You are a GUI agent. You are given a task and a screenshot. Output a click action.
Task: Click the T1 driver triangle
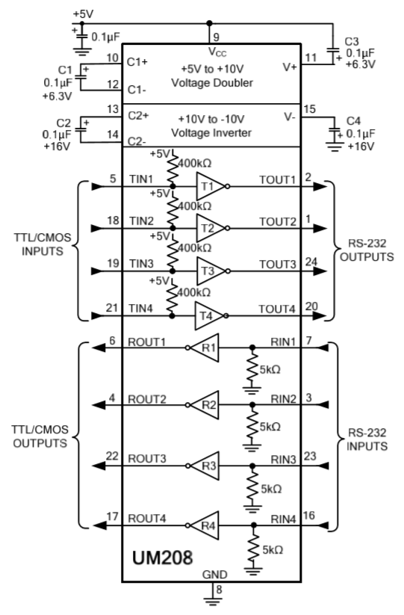click(x=210, y=186)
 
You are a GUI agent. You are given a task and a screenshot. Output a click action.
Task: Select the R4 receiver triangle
click(x=205, y=525)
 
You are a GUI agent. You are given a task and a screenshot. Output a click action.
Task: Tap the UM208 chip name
click(x=162, y=557)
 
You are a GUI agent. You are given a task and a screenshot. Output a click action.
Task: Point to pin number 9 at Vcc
click(x=216, y=37)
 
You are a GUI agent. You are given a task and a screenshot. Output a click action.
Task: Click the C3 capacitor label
click(x=352, y=42)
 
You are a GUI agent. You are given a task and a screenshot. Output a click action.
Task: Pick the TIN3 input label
click(x=141, y=264)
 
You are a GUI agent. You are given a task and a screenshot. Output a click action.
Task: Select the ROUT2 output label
click(x=147, y=399)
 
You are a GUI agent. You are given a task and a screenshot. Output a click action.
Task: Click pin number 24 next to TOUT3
click(x=311, y=262)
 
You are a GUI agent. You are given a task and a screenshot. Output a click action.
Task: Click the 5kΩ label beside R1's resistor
click(x=270, y=370)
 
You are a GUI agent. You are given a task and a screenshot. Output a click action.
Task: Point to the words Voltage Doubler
click(x=212, y=83)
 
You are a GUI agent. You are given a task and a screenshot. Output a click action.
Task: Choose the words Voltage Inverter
click(x=211, y=132)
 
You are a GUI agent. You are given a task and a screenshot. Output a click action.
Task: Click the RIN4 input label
click(x=283, y=519)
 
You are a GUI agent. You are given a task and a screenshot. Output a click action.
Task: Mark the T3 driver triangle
click(x=210, y=271)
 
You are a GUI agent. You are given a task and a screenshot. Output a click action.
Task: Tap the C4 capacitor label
click(x=353, y=120)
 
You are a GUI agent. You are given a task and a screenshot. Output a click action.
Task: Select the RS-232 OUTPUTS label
click(x=367, y=250)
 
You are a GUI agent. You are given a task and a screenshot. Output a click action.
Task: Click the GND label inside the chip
click(x=215, y=575)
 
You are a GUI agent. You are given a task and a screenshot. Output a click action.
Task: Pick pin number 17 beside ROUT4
click(x=112, y=516)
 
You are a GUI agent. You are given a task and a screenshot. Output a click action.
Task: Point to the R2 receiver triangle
click(x=205, y=405)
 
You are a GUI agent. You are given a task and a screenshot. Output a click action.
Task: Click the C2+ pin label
click(x=138, y=116)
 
